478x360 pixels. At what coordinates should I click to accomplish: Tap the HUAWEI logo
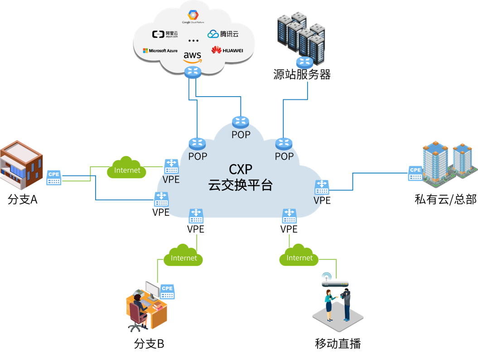pyautogui.click(x=227, y=50)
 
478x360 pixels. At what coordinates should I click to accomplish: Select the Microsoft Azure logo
pyautogui.click(x=160, y=50)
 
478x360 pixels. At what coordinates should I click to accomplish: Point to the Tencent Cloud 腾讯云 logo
pyautogui.click(x=222, y=34)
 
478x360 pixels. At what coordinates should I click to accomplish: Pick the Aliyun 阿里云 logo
pyautogui.click(x=165, y=34)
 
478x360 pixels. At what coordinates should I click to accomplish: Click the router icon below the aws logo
pyautogui.click(x=193, y=71)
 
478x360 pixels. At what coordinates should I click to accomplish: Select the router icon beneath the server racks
pyautogui.click(x=304, y=63)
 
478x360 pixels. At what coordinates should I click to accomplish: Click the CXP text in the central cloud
pyautogui.click(x=240, y=170)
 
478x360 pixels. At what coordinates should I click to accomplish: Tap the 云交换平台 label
pyautogui.click(x=240, y=185)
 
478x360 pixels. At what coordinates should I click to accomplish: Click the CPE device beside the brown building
pyautogui.click(x=53, y=177)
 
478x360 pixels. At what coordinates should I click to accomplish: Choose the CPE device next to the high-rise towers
pyautogui.click(x=415, y=173)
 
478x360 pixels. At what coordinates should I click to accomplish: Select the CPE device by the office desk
pyautogui.click(x=167, y=292)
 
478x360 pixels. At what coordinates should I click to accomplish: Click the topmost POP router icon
pyautogui.click(x=241, y=122)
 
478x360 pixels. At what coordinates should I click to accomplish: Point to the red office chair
pyautogui.click(x=136, y=315)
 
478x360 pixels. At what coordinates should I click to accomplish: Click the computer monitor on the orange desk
pyautogui.click(x=151, y=290)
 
